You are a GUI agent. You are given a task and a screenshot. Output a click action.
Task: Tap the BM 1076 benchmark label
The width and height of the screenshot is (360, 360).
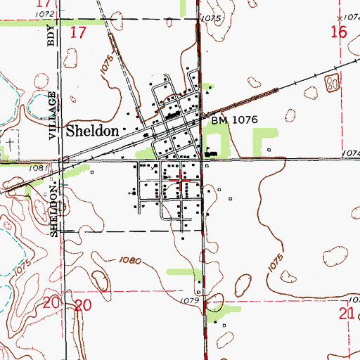tap(235, 120)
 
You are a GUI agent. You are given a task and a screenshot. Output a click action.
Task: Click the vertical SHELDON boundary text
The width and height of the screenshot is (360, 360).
tap(54, 210)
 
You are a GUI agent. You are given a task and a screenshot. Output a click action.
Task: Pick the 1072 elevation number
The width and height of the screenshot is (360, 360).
tap(42, 13)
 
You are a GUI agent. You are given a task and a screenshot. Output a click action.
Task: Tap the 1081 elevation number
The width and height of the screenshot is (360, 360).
tap(39, 168)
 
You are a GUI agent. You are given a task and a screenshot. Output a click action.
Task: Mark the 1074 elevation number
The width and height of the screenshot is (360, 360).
tap(352, 152)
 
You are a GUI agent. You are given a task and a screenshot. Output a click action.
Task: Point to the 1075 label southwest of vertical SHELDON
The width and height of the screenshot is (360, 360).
tap(22, 268)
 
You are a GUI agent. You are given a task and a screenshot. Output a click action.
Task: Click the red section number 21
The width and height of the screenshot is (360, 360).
tap(345, 314)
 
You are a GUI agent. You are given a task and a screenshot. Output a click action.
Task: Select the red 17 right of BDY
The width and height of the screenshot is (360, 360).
tap(78, 32)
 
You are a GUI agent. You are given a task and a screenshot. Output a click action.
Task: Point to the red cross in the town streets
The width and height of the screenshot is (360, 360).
tap(183, 181)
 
